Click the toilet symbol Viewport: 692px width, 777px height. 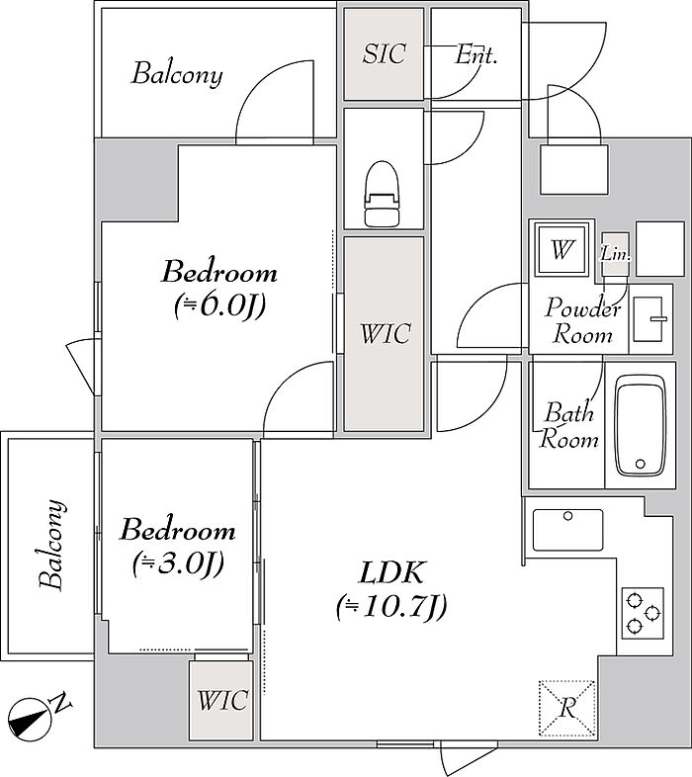[x=382, y=194]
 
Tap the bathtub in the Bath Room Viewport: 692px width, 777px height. [x=640, y=426]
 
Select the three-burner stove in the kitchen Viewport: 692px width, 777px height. [x=643, y=614]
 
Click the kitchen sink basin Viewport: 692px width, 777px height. [x=568, y=530]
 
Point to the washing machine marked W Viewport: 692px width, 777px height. [x=562, y=249]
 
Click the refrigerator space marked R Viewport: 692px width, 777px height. [x=567, y=708]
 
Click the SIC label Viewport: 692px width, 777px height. [x=385, y=53]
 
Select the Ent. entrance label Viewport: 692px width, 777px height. [x=476, y=54]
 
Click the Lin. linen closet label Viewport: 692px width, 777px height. [x=616, y=254]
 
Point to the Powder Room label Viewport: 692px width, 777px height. [x=583, y=320]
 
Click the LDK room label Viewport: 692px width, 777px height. [x=391, y=573]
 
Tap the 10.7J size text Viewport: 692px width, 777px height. [x=392, y=606]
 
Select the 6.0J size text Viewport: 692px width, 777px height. [x=219, y=305]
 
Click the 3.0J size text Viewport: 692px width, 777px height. [x=179, y=563]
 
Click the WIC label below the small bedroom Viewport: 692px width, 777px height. [x=222, y=700]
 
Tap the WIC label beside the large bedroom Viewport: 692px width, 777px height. [x=386, y=333]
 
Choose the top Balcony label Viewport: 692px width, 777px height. [x=177, y=74]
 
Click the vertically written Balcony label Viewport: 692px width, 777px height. [x=51, y=545]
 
